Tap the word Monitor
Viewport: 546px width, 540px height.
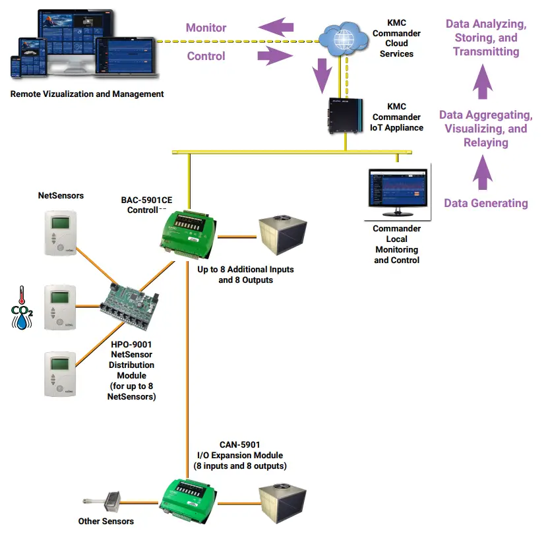click(206, 28)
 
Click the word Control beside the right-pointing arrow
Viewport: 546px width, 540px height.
click(206, 56)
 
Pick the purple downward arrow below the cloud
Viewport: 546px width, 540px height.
click(321, 75)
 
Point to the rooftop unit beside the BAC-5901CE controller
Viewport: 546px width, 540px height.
click(282, 237)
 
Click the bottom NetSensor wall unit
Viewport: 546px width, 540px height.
click(61, 374)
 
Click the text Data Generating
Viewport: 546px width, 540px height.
click(485, 203)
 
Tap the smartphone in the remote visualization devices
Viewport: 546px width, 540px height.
click(19, 66)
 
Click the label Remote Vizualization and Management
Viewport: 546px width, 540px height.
click(87, 94)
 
